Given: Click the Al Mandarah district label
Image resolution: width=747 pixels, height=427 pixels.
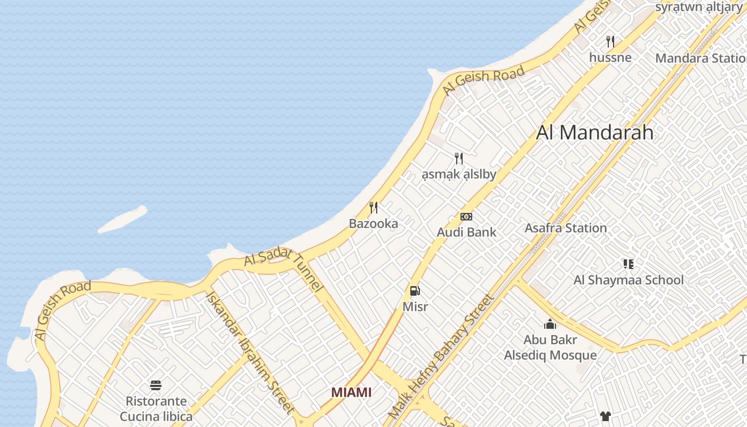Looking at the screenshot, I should click(594, 132).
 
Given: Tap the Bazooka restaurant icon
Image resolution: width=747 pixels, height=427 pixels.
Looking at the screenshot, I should click(373, 208).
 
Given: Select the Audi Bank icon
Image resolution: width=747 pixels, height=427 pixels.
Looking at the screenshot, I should click(466, 217).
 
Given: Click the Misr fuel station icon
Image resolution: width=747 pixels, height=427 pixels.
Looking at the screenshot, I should click(415, 291).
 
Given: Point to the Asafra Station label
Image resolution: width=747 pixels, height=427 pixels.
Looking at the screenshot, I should click(566, 228).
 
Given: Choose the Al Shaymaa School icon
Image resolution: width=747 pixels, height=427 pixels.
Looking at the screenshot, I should click(628, 264).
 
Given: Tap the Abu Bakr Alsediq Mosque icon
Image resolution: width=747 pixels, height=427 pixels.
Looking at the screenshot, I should click(550, 324).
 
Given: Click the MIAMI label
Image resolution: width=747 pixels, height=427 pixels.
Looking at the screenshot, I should click(351, 392).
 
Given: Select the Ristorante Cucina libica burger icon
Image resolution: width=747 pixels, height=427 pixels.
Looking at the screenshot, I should click(156, 385).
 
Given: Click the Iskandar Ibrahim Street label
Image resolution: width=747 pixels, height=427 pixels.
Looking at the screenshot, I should click(250, 352).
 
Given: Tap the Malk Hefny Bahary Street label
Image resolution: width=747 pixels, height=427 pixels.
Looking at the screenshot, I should click(441, 357).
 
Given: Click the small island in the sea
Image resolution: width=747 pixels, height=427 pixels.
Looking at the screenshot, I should click(123, 219).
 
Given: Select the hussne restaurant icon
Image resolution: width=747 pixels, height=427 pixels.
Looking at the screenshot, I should click(610, 41).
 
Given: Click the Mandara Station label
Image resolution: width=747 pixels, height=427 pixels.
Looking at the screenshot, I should click(700, 58).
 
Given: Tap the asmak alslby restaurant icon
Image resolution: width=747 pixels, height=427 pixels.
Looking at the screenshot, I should click(458, 158).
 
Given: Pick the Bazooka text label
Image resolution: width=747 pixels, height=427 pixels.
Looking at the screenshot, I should click(373, 224).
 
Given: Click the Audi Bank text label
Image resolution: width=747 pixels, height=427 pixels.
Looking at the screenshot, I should click(466, 232).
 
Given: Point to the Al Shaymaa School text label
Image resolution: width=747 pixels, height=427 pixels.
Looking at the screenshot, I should click(628, 280).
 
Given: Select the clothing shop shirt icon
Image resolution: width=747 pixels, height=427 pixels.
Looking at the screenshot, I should click(605, 416).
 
